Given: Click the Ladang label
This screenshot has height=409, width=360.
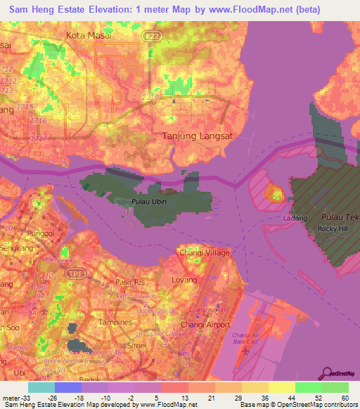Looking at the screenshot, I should [295, 219].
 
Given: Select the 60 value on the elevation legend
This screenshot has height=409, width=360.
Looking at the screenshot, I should [344, 397].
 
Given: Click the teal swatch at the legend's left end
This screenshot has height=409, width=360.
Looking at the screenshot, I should [41, 387].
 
